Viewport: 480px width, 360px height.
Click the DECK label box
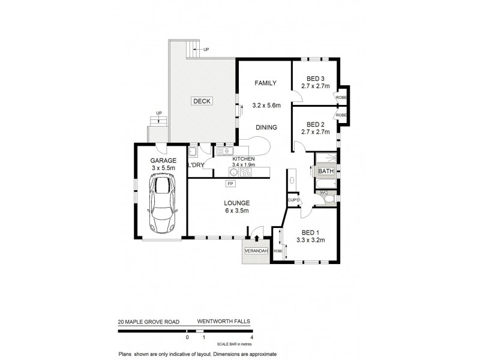tap(202, 101)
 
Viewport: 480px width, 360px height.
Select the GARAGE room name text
tap(163, 161)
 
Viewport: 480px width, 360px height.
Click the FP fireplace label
tap(230, 183)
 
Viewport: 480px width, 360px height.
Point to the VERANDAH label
tap(256, 250)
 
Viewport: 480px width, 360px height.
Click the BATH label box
tap(326, 172)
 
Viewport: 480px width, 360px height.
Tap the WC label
tap(323, 193)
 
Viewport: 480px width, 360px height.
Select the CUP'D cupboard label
tap(294, 200)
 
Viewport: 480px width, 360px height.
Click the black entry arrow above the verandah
tap(257, 238)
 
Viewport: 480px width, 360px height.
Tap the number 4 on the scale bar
tap(252, 338)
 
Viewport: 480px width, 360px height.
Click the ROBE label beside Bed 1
tap(278, 251)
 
